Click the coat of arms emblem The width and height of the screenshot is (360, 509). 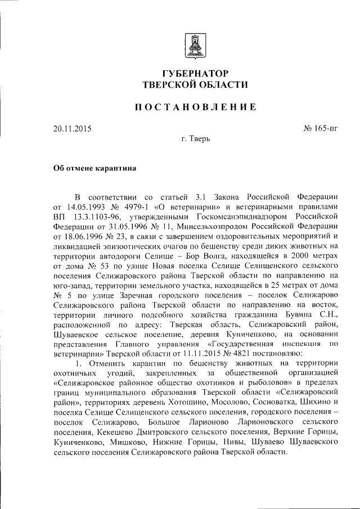coord(195,45)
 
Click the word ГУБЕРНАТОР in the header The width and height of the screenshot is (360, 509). coord(195,74)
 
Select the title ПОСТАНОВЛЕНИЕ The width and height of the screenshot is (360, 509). coord(195,107)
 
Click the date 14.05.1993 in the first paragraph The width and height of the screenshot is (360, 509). coord(85,206)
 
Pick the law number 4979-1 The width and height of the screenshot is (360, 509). coord(144,206)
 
